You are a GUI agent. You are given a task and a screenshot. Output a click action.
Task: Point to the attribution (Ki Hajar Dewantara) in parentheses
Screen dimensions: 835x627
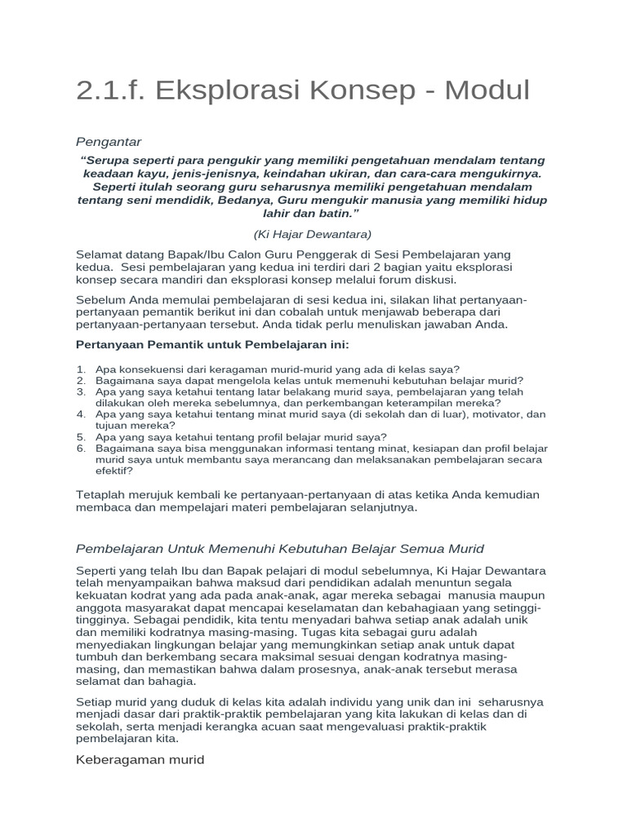coord(313,233)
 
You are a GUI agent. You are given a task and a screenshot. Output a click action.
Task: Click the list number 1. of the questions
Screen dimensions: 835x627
coord(82,369)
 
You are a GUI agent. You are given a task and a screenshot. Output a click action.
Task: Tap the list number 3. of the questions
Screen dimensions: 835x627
coord(82,392)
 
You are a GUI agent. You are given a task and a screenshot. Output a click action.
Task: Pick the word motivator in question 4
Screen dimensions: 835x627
coord(490,414)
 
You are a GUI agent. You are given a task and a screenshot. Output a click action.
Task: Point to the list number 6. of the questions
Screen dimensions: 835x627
coord(82,448)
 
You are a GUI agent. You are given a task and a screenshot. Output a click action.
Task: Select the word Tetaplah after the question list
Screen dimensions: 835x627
coord(103,495)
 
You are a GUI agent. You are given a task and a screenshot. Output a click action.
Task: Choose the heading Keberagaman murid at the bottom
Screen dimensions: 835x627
coord(139,760)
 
